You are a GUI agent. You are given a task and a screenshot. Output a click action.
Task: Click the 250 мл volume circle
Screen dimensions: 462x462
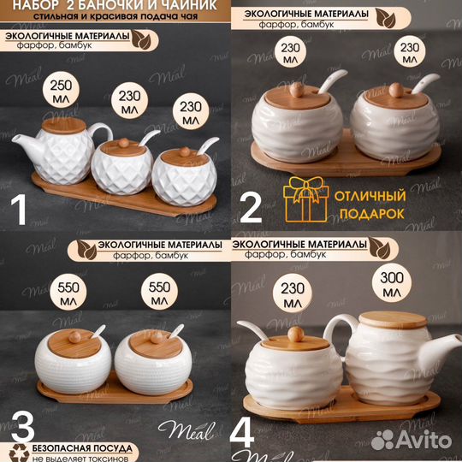tap(61, 90)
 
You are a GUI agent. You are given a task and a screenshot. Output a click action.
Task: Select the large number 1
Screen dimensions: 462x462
tap(20, 210)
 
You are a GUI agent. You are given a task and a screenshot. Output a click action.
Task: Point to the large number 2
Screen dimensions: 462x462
tap(251, 207)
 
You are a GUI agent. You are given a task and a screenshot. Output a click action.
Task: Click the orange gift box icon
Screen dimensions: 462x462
tap(305, 199)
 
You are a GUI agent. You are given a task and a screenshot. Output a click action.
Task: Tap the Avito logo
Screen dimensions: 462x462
tap(412, 441)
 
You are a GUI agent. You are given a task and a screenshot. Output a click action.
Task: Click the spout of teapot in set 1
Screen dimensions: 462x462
tap(25, 145)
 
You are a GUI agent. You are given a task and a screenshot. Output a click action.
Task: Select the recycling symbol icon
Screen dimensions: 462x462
tap(19, 453)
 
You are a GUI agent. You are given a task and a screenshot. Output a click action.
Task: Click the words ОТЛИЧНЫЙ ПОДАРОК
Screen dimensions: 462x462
tap(370, 204)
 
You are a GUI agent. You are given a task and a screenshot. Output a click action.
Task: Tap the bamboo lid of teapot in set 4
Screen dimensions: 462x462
tap(393, 320)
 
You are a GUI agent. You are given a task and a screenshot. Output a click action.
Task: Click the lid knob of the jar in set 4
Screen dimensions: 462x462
tap(296, 334)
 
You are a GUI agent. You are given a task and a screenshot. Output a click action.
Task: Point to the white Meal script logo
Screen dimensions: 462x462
tap(187, 431)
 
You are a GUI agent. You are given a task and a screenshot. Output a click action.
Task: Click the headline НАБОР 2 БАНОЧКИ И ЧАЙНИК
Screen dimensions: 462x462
tap(115, 5)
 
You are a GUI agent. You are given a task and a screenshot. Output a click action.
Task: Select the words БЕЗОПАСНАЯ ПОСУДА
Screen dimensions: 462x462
tap(82, 448)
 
